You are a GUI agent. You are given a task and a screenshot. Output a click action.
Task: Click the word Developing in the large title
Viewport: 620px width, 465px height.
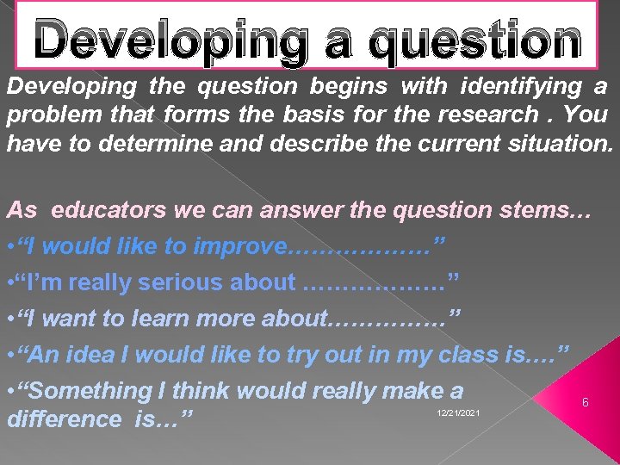[x=169, y=40]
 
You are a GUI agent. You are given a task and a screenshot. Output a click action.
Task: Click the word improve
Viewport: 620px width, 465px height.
[x=239, y=246]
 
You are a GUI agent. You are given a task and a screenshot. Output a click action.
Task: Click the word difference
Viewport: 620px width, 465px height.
[x=65, y=419]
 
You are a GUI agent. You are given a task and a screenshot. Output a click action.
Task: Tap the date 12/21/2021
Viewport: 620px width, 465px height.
[x=458, y=414]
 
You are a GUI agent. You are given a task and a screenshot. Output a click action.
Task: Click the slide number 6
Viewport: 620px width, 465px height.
[x=586, y=403]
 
